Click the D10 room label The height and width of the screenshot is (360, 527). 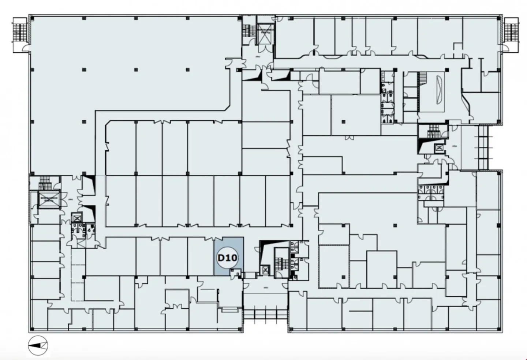[x=227, y=258]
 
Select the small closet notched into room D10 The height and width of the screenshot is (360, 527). [x=235, y=272]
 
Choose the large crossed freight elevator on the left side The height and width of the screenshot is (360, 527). [x=49, y=199]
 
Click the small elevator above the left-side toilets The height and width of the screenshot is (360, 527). [x=77, y=218]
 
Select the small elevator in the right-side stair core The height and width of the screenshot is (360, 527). [x=438, y=148]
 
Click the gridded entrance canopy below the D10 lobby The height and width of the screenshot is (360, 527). [x=265, y=314]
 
